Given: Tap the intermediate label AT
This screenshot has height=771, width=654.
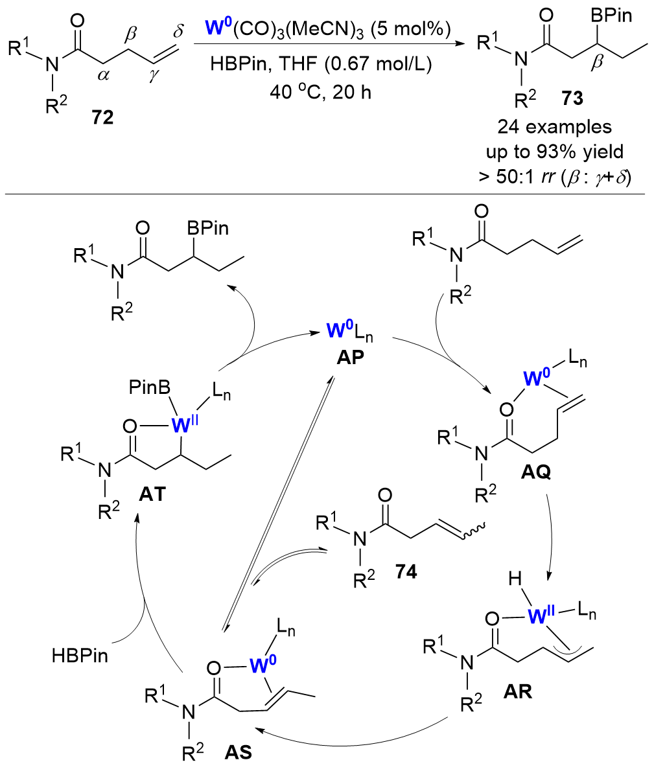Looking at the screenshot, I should point(154,492).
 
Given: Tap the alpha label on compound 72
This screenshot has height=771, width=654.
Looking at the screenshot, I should point(101,75).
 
